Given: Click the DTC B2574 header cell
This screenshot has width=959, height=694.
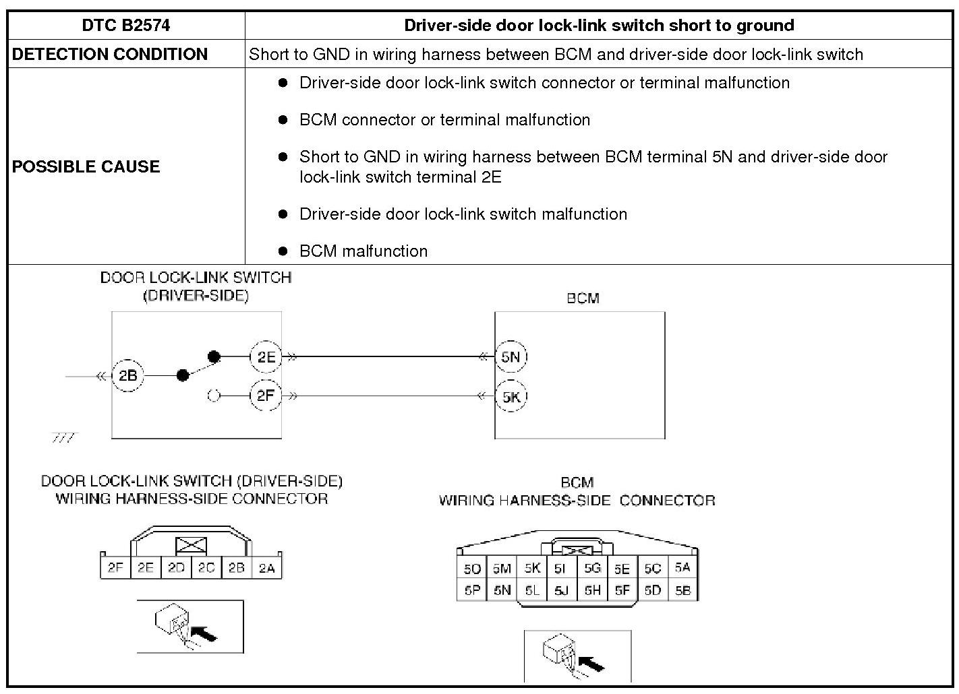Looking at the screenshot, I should [x=126, y=26].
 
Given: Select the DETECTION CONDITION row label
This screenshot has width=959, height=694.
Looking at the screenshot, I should [x=110, y=55].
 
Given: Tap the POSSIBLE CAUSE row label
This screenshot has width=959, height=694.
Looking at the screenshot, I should [x=86, y=166].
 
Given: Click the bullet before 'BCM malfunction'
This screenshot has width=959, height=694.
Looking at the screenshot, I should [x=283, y=251].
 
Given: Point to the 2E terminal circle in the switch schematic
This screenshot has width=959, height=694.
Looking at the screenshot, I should [x=266, y=357].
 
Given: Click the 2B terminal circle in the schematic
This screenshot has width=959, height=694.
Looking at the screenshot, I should [x=127, y=375].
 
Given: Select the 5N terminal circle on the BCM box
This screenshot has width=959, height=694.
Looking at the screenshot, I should [x=511, y=357].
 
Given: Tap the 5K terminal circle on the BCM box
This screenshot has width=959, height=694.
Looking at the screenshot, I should [x=511, y=396].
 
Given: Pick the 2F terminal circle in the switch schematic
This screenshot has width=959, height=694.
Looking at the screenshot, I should [x=265, y=396].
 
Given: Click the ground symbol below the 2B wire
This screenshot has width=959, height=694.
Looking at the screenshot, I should [x=65, y=438].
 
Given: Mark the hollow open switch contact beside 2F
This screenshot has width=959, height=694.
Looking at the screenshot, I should [x=214, y=396].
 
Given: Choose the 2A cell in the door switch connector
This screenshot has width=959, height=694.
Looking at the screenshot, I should [x=266, y=568].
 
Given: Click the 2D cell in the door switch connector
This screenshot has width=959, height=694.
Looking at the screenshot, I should [x=176, y=568].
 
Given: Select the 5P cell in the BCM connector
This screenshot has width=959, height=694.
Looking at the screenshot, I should [x=471, y=590].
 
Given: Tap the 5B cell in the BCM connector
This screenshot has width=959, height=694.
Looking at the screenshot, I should [x=682, y=590].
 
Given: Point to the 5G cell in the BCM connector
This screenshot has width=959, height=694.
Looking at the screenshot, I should [x=592, y=569].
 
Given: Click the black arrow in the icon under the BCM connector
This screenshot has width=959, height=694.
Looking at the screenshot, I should [x=591, y=664].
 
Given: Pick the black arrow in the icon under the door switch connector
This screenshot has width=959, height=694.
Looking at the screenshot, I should [x=204, y=633].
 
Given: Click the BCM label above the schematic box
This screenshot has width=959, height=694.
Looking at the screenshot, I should [x=583, y=298].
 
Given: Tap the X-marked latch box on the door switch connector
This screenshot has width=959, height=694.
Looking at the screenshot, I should [x=191, y=546].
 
